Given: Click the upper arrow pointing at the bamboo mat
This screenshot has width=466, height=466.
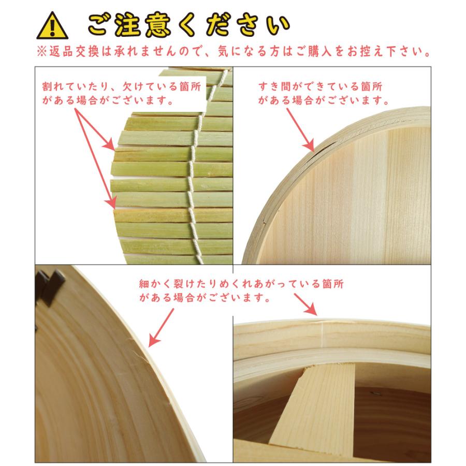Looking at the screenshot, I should point(97,128).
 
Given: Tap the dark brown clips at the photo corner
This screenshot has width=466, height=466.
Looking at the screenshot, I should point(52,285).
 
